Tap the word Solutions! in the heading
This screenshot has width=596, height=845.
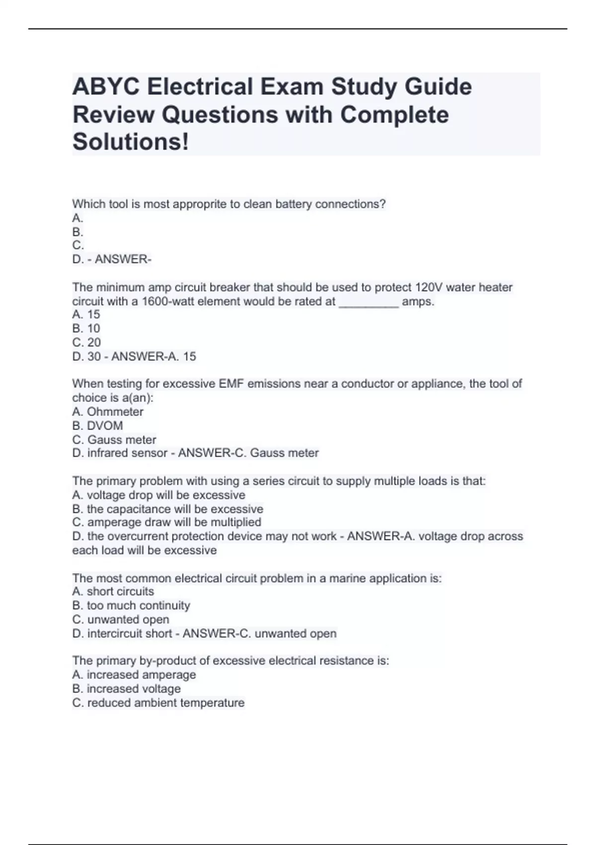point(131,142)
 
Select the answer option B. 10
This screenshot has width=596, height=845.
point(86,329)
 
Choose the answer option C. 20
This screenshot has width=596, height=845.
point(86,342)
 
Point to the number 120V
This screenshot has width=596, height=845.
point(430,287)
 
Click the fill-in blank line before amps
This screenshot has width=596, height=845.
point(368,302)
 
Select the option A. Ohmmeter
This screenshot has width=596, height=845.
point(108,412)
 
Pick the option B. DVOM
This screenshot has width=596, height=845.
point(97,425)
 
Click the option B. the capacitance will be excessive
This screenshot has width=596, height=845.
point(167,509)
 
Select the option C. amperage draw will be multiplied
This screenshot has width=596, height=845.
point(166,522)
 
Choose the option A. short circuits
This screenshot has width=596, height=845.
point(113,591)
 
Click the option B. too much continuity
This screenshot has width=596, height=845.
point(131,605)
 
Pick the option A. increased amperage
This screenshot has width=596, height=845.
point(134,675)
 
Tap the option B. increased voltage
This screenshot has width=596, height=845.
point(126,688)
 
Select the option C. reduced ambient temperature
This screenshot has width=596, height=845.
point(158,703)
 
